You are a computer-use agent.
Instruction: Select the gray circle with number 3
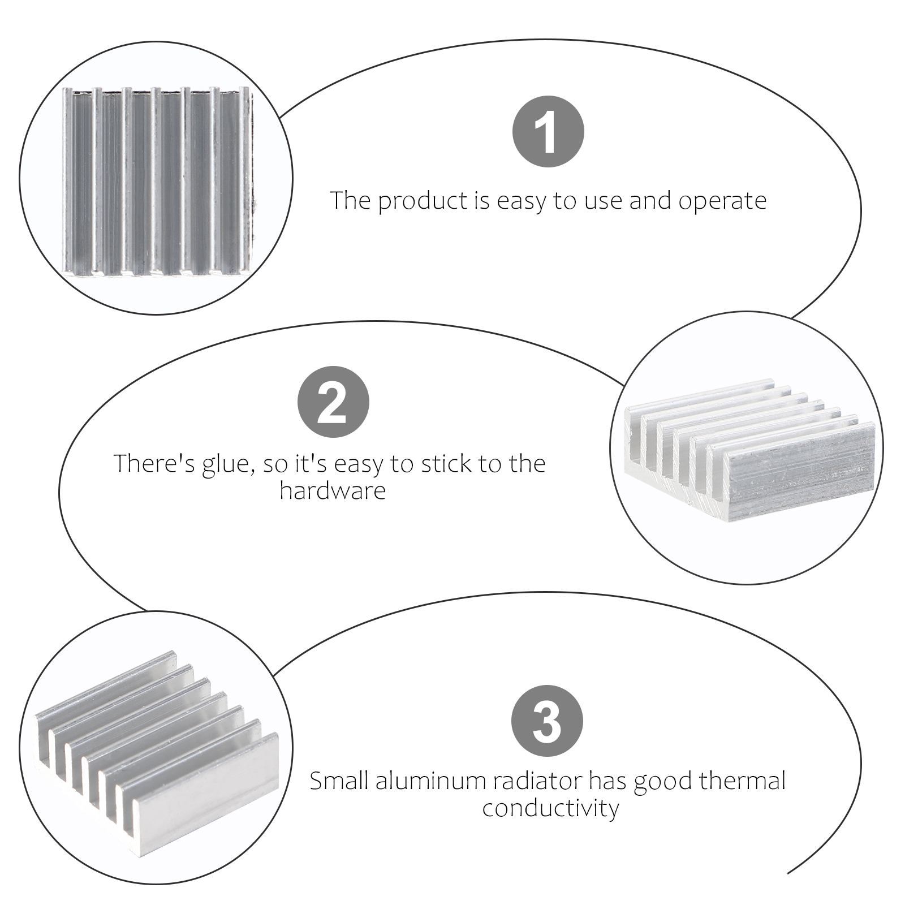[x=547, y=721]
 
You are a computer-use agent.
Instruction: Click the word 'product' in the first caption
[x=424, y=201]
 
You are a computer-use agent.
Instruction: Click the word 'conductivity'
[x=550, y=808]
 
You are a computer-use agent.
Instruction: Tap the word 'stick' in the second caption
[x=446, y=464]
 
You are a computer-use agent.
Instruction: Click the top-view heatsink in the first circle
[x=156, y=180]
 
